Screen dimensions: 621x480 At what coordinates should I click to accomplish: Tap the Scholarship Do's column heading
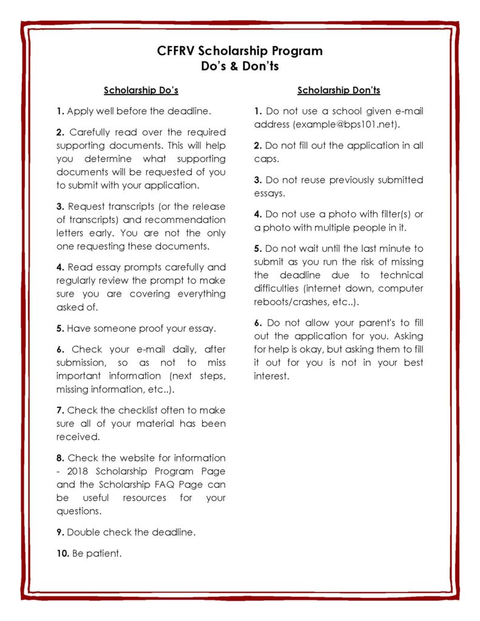(x=141, y=91)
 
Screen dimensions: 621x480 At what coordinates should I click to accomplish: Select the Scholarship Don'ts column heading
(x=339, y=91)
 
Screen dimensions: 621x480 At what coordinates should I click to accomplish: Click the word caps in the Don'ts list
(x=266, y=159)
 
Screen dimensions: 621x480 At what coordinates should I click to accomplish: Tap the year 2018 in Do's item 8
(x=79, y=471)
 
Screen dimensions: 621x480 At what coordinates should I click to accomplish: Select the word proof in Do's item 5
(x=138, y=329)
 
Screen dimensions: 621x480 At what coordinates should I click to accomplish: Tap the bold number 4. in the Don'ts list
(x=258, y=214)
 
